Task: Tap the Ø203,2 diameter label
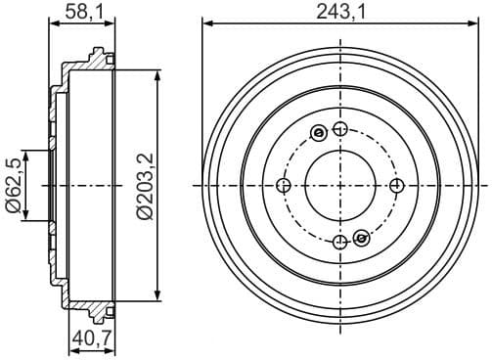click(x=144, y=186)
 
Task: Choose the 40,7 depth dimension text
click(x=90, y=341)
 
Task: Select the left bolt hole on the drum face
click(x=284, y=186)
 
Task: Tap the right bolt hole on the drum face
click(x=396, y=186)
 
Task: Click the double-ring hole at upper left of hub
click(x=317, y=134)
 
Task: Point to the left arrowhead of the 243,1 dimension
click(x=204, y=23)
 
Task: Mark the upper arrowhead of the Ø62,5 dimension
click(x=29, y=153)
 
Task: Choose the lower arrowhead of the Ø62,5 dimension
click(x=29, y=219)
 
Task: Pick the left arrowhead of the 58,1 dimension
click(x=51, y=23)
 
